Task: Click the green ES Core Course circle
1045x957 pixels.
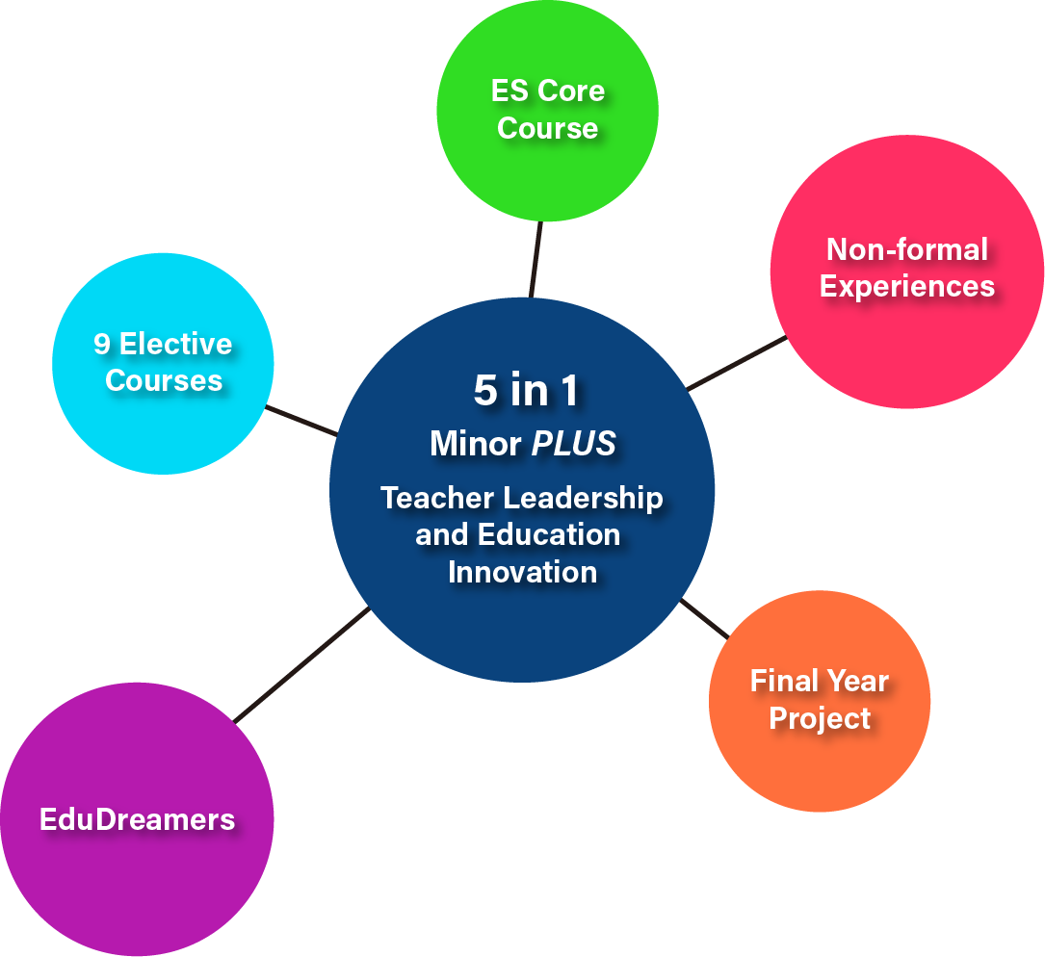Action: [x=548, y=111]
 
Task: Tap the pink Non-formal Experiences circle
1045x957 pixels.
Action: [x=907, y=272]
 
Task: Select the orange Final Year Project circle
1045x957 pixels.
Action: [x=820, y=701]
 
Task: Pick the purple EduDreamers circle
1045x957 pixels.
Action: [x=137, y=819]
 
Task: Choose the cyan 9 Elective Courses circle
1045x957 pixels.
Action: [x=164, y=364]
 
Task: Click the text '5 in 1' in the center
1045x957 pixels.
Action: [x=525, y=390]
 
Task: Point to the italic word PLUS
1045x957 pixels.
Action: [x=574, y=443]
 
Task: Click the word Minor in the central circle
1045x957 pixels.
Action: [x=475, y=443]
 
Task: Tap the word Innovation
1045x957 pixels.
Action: [x=522, y=573]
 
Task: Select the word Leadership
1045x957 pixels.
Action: [x=583, y=499]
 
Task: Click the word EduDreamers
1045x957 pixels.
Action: [x=138, y=819]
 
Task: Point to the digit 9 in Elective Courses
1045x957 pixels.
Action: [x=101, y=345]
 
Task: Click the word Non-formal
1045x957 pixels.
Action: [x=907, y=250]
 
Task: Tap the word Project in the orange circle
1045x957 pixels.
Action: [x=820, y=718]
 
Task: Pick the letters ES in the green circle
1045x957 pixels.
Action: [x=509, y=91]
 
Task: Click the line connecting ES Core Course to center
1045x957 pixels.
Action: [x=536, y=260]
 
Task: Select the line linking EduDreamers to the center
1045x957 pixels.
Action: [x=301, y=664]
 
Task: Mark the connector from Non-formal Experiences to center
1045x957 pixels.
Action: [x=737, y=363]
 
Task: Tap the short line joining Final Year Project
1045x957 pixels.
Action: [x=704, y=619]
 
